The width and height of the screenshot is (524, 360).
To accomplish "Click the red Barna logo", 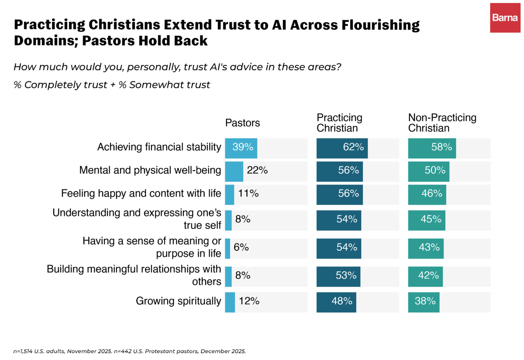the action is [505, 18].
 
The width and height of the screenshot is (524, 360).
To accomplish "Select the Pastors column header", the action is [242, 123].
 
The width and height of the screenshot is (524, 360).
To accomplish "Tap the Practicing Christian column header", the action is [339, 123].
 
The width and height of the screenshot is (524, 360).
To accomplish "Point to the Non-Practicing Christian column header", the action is [442, 123].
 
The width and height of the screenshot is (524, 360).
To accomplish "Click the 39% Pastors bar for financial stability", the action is [241, 148].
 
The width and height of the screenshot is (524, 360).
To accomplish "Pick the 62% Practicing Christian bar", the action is [342, 148].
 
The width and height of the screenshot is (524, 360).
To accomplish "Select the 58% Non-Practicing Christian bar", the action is [432, 148].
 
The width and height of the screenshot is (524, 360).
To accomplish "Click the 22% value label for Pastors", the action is [257, 170].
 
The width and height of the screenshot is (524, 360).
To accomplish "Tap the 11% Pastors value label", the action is [248, 194].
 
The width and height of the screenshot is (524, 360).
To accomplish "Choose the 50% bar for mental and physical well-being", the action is [428, 171].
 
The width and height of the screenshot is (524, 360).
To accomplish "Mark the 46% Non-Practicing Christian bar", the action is [427, 195].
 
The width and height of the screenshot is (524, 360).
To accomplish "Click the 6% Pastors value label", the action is [241, 247].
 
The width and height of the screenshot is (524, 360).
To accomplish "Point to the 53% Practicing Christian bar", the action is [338, 277].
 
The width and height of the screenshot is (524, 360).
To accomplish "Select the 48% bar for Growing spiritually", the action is [336, 302].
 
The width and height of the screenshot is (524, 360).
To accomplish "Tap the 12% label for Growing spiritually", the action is [249, 301].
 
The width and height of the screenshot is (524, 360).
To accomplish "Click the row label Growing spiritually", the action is [178, 301].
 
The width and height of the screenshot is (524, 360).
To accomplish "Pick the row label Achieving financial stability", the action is [159, 147].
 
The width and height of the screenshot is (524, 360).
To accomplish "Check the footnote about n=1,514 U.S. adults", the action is [129, 351].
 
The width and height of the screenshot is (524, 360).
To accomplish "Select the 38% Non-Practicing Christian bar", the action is [424, 302].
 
